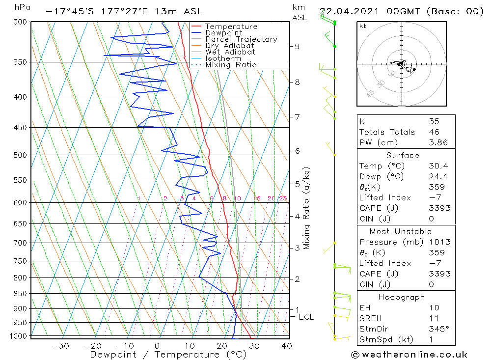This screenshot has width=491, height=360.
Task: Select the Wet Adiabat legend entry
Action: pyautogui.click(x=230, y=52)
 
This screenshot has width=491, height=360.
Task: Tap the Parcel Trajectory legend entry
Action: pyautogui.click(x=241, y=39)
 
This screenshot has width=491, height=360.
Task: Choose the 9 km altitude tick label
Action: pyautogui.click(x=297, y=46)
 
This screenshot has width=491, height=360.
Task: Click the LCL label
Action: pyautogui.click(x=306, y=317)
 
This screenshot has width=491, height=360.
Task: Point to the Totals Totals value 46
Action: pyautogui.click(x=434, y=132)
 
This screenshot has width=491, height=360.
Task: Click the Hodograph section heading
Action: pyautogui.click(x=401, y=297)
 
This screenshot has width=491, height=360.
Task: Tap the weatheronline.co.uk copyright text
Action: pyautogui.click(x=409, y=355)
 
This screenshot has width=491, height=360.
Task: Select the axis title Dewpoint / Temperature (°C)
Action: pyautogui.click(x=168, y=354)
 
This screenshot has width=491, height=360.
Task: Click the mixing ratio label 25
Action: pyautogui.click(x=283, y=198)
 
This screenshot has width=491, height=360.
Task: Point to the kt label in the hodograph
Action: pyautogui.click(x=362, y=26)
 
